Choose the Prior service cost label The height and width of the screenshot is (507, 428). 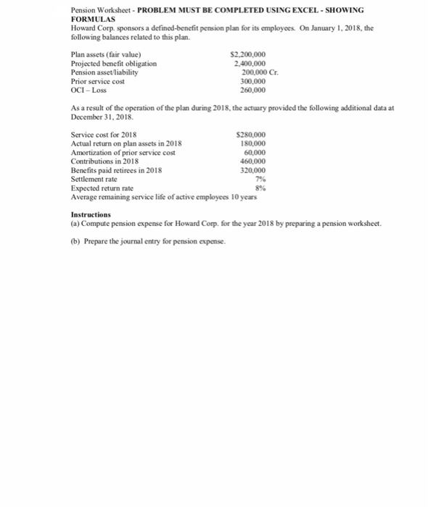click(99, 81)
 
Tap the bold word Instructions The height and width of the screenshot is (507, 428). click(91, 215)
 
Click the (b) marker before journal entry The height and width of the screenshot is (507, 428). click(75, 241)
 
